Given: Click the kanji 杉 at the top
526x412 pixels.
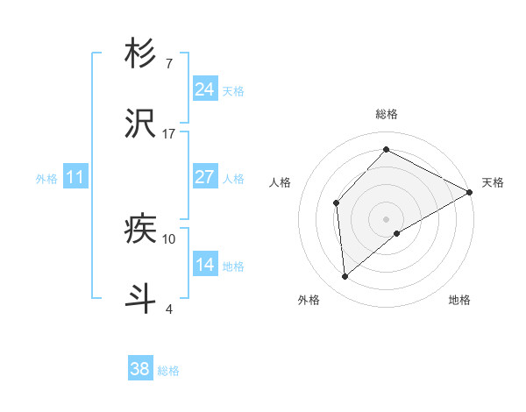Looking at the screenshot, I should coord(140,53).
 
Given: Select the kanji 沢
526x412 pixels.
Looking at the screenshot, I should coord(140,123).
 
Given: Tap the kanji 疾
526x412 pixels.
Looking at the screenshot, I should coord(140,229).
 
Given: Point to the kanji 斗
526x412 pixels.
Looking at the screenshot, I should coord(140,297).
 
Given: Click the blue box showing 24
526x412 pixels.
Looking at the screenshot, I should coord(205,89).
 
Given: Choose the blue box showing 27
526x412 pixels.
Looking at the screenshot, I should coord(205,177).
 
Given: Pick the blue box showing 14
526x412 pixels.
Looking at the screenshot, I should coord(205,265).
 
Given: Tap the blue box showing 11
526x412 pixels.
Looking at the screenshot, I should coord(75,177).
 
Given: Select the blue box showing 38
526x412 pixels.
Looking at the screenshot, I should coord(140,369).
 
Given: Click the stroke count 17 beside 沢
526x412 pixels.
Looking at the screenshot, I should coord(169,133).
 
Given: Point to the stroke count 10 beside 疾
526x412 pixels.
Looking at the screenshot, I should coord(169,238).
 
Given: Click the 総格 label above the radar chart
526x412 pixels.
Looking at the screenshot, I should coord(387,114).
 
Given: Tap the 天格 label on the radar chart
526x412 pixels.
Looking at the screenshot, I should coord(493,182).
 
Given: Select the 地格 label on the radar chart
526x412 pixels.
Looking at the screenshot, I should coord(459,300).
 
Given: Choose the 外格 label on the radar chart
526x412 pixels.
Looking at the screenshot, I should coord(309,300).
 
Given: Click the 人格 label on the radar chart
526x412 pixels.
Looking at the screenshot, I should coord(281,182).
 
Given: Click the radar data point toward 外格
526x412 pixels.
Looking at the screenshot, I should coord(345,277).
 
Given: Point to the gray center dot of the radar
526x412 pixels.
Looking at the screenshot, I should coord(387,218).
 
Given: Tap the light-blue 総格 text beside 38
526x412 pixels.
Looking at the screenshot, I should coord(168,371).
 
